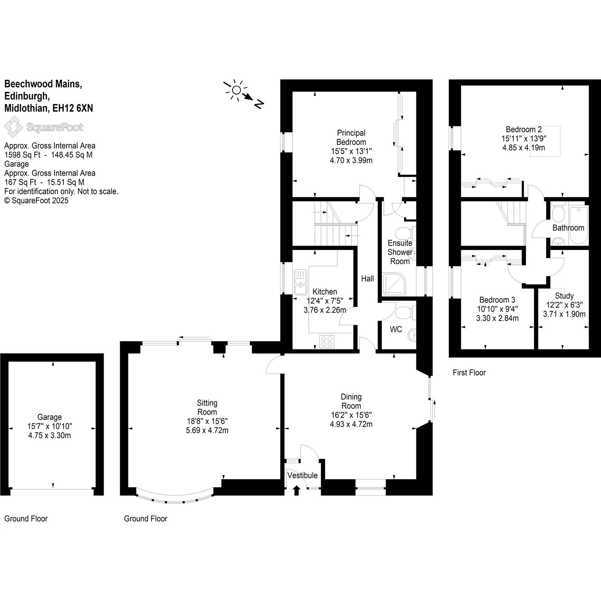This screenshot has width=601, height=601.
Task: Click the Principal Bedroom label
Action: pyautogui.click(x=351, y=137)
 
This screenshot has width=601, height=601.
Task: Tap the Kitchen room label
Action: pyautogui.click(x=325, y=292)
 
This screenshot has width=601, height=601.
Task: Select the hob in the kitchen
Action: pyautogui.click(x=327, y=341)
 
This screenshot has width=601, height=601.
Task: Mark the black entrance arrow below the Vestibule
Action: pyautogui.click(x=297, y=490)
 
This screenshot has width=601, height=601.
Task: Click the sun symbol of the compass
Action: pyautogui.click(x=236, y=90)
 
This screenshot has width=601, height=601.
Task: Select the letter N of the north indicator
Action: pyautogui.click(x=259, y=104)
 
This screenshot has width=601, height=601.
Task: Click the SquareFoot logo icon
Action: pyautogui.click(x=13, y=127)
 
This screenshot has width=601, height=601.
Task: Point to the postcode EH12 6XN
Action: pyautogui.click(x=73, y=108)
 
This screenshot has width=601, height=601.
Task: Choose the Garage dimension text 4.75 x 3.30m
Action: pyautogui.click(x=50, y=435)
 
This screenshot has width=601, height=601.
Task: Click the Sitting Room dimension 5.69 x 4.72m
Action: pyautogui.click(x=207, y=430)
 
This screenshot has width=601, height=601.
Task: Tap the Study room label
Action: pyautogui.click(x=564, y=295)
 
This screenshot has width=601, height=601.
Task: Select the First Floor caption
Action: pyautogui.click(x=469, y=372)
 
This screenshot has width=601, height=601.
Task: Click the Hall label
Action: pyautogui.click(x=367, y=279)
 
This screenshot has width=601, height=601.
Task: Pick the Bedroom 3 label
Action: pyautogui.click(x=497, y=300)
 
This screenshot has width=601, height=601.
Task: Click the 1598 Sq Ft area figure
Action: pyautogui.click(x=22, y=155)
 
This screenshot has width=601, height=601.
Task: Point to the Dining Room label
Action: pyautogui.click(x=351, y=401)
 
